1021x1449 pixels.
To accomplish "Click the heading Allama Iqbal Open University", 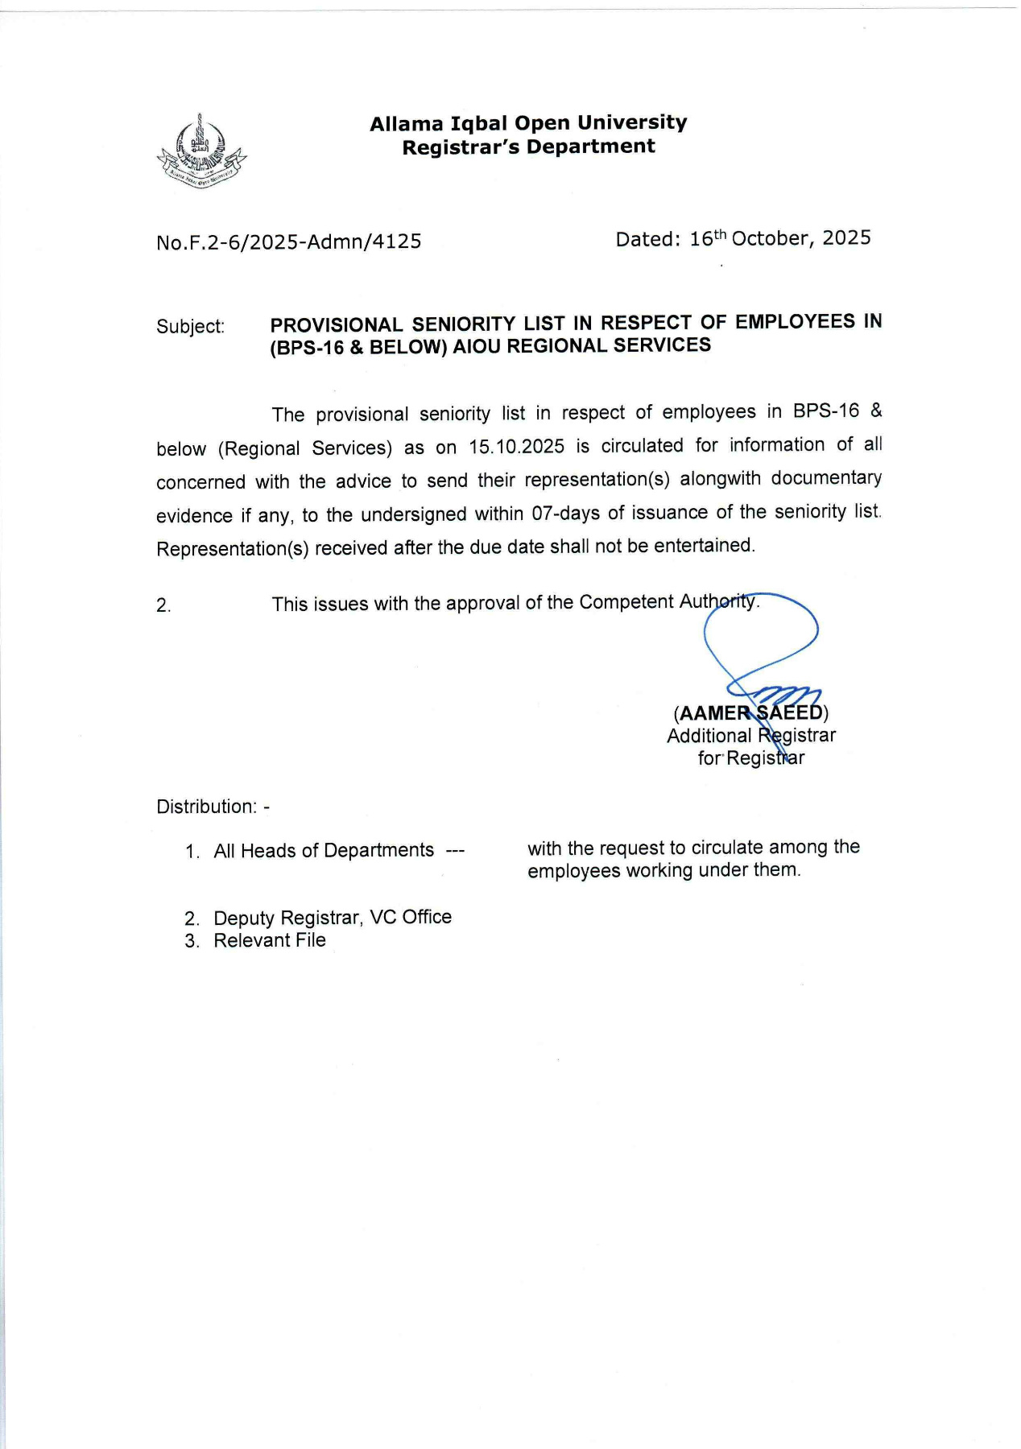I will click(x=528, y=123).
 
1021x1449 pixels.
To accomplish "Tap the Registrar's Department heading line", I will click(x=528, y=147).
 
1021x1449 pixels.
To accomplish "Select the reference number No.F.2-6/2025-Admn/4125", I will click(x=289, y=242).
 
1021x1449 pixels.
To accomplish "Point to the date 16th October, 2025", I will click(x=779, y=238).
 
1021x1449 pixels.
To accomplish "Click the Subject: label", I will click(x=191, y=327).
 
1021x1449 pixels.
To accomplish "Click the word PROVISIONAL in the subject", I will click(x=336, y=324).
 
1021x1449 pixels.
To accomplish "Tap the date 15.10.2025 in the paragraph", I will click(x=516, y=447).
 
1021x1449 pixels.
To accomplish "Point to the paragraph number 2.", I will click(x=163, y=606).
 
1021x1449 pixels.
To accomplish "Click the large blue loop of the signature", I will click(x=761, y=631).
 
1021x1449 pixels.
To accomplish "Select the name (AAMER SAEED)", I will click(x=750, y=713).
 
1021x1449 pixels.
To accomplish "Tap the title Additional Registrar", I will click(x=750, y=736).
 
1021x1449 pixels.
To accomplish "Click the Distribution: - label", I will click(x=213, y=807).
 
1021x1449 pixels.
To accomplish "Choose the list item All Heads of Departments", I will click(x=324, y=851).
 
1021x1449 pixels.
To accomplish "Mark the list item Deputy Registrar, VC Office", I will click(x=332, y=918).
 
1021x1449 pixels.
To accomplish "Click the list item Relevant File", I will click(x=269, y=941).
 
